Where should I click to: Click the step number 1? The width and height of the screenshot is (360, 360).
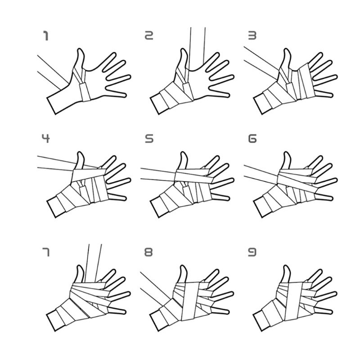(x=46, y=36)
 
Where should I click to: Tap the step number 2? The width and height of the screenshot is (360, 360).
(x=149, y=36)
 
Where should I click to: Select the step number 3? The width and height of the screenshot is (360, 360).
(x=252, y=36)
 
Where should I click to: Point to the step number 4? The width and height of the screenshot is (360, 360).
(x=46, y=139)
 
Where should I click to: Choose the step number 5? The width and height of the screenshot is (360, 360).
(x=149, y=139)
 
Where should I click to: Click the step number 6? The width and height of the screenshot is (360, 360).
(x=252, y=139)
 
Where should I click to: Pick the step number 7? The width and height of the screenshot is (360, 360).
(x=46, y=252)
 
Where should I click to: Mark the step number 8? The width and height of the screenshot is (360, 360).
(x=148, y=252)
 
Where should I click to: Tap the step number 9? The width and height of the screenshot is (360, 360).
(x=252, y=252)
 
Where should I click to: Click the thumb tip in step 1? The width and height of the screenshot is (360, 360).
(x=80, y=49)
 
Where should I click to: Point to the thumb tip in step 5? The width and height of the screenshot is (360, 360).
(x=183, y=153)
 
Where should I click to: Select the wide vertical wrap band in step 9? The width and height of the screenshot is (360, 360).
(x=293, y=301)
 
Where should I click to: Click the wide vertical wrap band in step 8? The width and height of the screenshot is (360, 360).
(x=189, y=301)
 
